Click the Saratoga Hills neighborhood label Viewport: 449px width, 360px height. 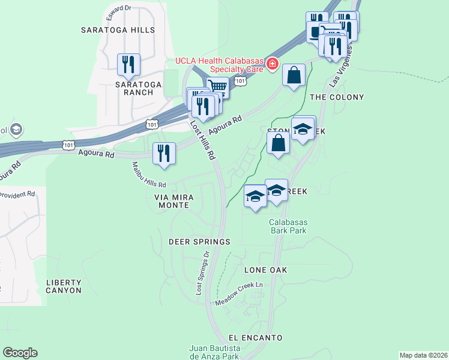(x=118, y=29)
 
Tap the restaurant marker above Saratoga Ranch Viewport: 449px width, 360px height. (x=128, y=64)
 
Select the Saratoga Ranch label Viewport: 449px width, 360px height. (x=139, y=88)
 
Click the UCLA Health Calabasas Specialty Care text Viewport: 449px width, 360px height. (x=220, y=65)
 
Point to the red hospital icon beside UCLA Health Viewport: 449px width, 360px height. (x=273, y=62)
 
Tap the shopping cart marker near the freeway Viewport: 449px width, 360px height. (x=218, y=88)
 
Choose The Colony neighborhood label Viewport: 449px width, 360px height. (x=337, y=97)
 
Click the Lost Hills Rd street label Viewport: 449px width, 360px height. (x=203, y=140)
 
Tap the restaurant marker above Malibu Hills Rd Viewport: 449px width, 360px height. (x=163, y=154)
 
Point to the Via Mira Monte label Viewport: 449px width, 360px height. (x=172, y=200)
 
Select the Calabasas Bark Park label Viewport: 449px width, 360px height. (x=288, y=226)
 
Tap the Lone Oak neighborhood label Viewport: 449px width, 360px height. (x=266, y=271)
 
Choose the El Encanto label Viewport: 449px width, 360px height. (x=256, y=338)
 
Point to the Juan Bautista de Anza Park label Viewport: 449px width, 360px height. (x=215, y=352)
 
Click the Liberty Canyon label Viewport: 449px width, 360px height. (x=64, y=286)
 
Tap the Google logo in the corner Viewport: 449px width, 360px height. (x=20, y=353)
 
